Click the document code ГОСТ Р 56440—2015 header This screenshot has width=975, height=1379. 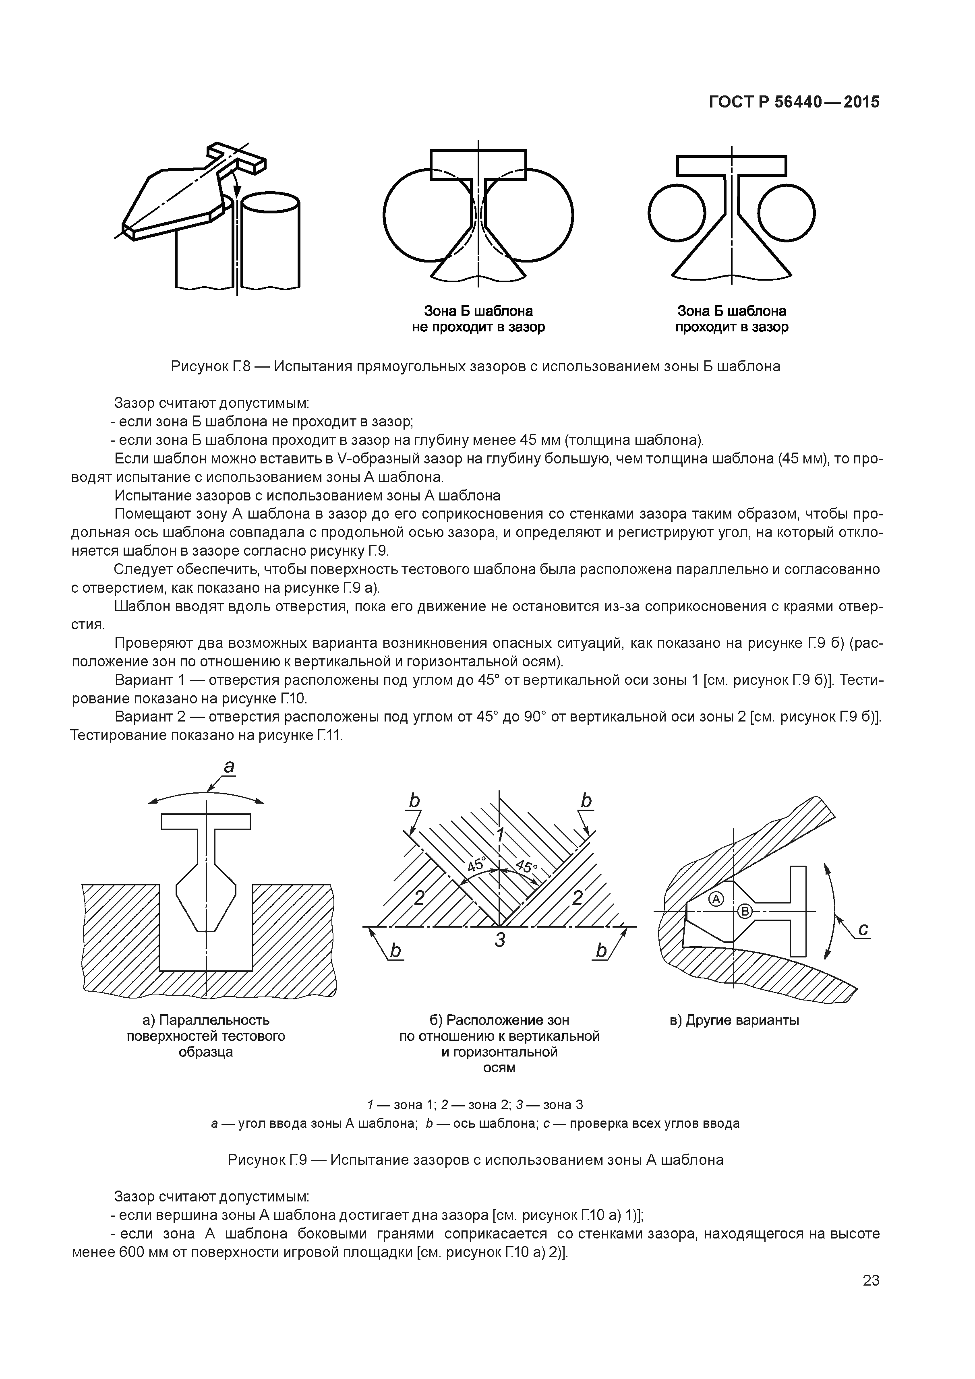click(x=794, y=102)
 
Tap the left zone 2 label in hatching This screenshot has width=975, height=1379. click(x=419, y=898)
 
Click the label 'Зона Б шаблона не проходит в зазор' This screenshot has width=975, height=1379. click(x=478, y=319)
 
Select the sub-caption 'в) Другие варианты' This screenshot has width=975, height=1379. click(x=734, y=1020)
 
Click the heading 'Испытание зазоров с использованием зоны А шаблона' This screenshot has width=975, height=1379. click(x=307, y=496)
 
